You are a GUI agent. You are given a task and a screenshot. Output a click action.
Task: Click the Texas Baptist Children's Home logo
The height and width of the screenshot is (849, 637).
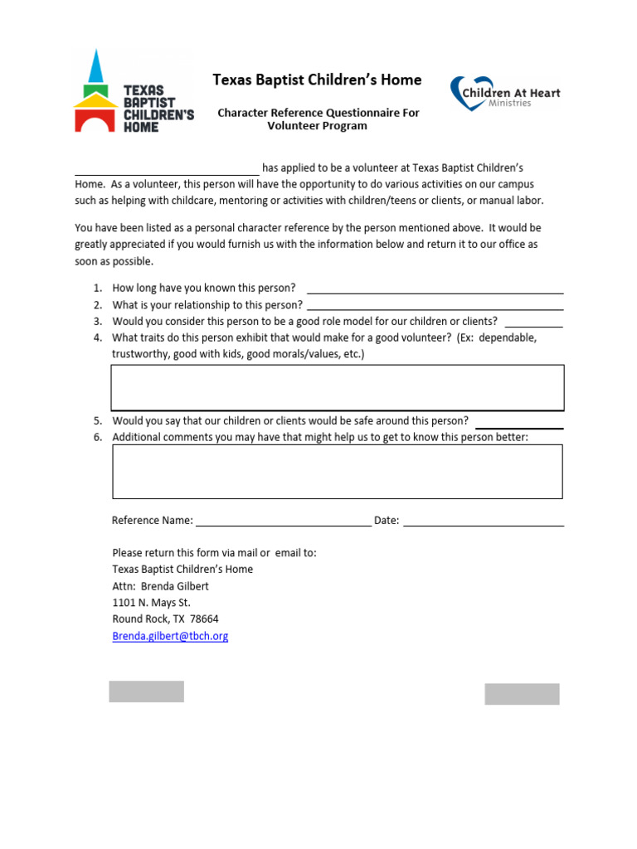tap(133, 92)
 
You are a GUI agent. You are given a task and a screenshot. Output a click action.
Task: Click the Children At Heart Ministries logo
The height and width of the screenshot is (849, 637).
tap(504, 94)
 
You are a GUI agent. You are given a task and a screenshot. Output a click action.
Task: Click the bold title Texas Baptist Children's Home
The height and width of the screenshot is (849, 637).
tap(317, 80)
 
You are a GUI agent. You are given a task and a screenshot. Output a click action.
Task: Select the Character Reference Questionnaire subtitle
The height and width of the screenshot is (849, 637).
tap(318, 119)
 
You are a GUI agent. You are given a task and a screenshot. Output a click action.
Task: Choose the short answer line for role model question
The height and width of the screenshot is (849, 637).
tap(533, 323)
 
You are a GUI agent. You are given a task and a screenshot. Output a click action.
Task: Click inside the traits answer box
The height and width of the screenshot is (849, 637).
tap(338, 387)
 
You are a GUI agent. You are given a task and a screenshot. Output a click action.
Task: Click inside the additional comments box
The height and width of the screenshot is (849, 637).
tap(338, 471)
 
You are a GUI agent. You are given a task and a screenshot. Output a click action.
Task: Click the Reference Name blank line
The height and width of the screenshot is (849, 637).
tap(283, 522)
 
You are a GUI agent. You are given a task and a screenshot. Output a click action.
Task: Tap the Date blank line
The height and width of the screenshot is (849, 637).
tap(483, 522)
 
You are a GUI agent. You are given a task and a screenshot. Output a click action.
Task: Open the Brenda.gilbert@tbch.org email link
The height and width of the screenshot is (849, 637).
tap(170, 636)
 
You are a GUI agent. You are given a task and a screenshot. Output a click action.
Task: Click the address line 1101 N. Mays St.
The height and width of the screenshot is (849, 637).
tap(151, 603)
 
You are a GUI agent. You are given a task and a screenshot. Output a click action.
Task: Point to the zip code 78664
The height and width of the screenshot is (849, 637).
tap(204, 619)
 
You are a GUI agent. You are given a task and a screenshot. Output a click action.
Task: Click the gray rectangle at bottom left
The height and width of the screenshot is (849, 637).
tap(146, 691)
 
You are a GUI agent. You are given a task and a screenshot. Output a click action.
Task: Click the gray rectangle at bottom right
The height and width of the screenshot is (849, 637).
tap(522, 694)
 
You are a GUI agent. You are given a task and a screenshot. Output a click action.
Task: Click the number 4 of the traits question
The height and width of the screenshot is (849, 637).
tap(97, 337)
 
